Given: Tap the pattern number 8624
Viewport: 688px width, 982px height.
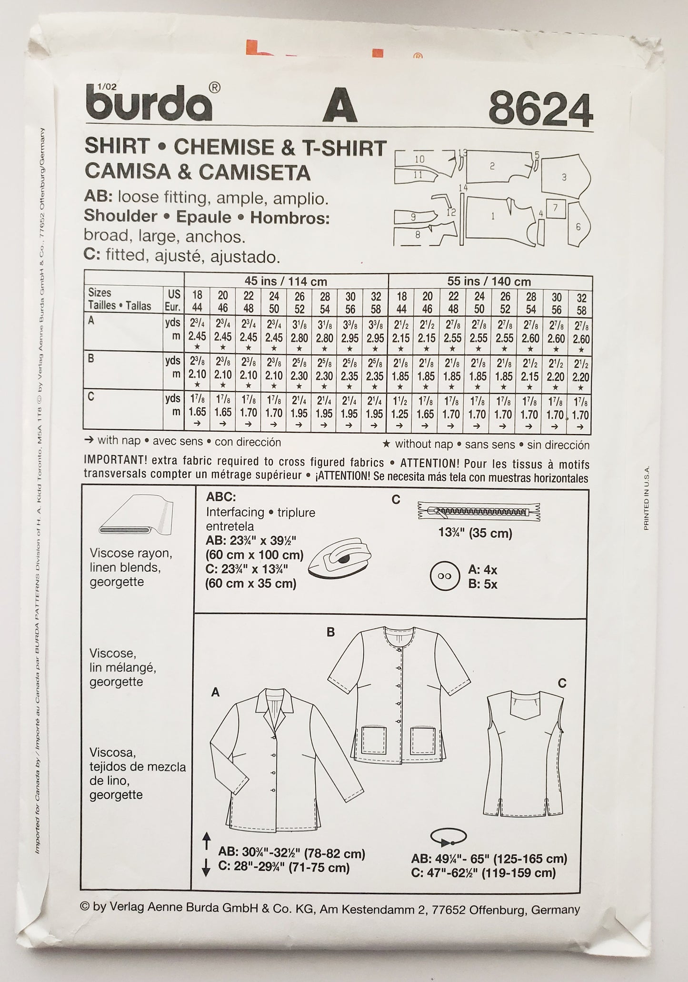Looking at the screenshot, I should pos(540,110).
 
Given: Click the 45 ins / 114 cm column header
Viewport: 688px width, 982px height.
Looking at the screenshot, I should pos(286,281).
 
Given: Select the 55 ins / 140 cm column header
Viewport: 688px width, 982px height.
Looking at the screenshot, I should pos(489,281).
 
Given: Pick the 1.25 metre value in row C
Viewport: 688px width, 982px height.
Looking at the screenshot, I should pos(401,414).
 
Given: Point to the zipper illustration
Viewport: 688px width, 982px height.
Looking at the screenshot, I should pos(480,512).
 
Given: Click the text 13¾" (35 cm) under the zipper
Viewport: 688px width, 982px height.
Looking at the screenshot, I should pos(475,533).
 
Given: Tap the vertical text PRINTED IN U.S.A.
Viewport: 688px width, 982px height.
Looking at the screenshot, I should pos(646,498).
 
